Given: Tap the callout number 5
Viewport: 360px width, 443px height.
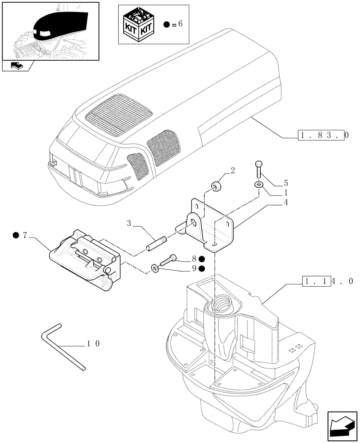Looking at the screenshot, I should point(286,183).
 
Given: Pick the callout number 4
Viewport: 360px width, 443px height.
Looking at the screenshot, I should point(286,202).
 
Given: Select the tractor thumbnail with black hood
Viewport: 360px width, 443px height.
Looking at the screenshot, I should point(50,30).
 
